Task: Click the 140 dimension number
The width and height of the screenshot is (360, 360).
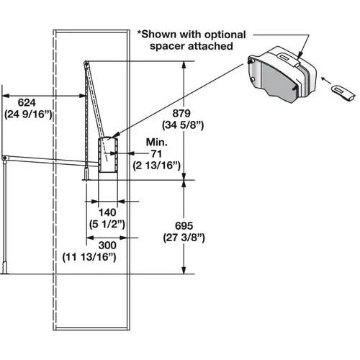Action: pyautogui.click(x=108, y=212)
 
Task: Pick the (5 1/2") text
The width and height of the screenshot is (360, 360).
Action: pyautogui.click(x=108, y=224)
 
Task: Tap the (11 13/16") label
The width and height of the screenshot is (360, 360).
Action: pyautogui.click(x=89, y=257)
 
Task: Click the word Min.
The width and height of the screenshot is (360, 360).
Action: pyautogui.click(x=157, y=143)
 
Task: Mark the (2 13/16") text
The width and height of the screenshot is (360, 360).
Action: pyautogui.click(x=156, y=165)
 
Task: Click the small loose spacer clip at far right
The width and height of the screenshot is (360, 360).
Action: pyautogui.click(x=343, y=92)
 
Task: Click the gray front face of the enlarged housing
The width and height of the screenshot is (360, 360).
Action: pyautogui.click(x=276, y=80)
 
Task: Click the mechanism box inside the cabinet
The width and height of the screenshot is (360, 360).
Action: pyautogui.click(x=108, y=156)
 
